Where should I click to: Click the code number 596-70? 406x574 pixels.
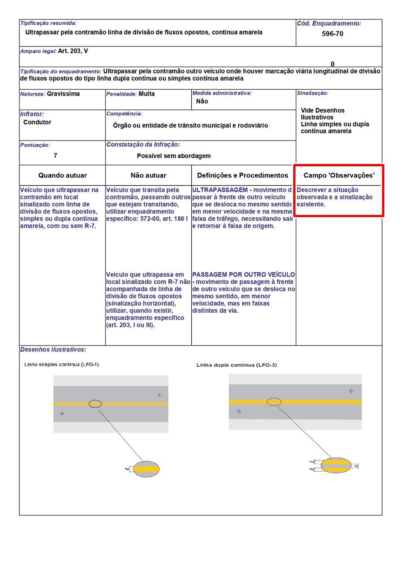coord(332,34)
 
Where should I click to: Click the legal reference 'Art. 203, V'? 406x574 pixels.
coord(73,51)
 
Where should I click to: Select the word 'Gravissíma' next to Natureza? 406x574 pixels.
coord(63,94)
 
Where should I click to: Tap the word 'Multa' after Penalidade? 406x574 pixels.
coord(147,94)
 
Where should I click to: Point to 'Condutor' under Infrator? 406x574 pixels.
coord(37,123)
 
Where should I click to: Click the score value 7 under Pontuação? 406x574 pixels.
coord(55,155)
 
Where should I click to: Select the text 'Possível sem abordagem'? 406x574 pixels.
coord(174,156)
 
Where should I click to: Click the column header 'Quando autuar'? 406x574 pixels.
coord(62,176)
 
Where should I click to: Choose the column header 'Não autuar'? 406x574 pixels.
coord(148,176)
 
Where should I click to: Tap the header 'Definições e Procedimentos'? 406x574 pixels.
coord(242,176)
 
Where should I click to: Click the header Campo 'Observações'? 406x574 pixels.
coord(339,176)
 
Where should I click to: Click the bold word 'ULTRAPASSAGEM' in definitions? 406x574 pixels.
coord(219,190)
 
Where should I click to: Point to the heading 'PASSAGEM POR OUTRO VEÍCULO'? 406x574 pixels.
coord(244,274)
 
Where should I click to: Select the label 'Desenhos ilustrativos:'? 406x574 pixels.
coord(53,350)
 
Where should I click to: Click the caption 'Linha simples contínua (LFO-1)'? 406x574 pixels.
coord(61,364)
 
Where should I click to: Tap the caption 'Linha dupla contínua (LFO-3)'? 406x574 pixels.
coord(236,365)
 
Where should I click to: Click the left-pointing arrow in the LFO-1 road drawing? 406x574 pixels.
coord(160,395)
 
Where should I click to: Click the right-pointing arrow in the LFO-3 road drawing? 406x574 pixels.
coord(238,411)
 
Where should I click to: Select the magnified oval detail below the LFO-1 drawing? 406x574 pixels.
coord(147,469)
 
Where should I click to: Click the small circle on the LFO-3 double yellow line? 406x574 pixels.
coord(274,401)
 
